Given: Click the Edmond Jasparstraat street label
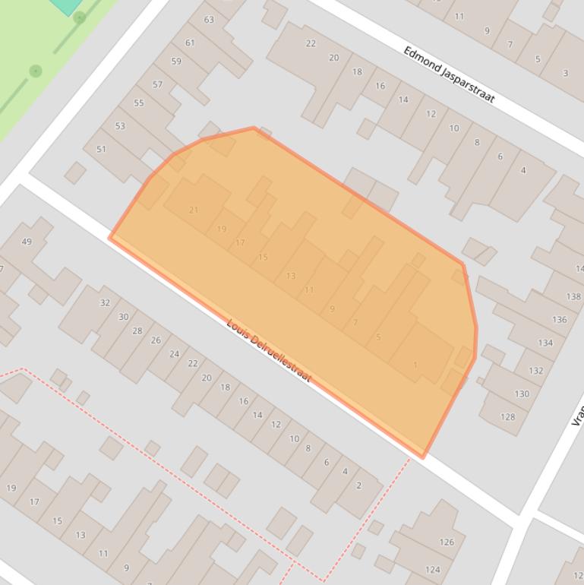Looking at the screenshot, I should pos(449,74).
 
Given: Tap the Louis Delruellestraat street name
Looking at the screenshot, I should pos(269,350).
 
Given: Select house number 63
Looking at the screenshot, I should pos(209,19).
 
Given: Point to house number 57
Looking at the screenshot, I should pos(157,84).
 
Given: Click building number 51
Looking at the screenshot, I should pos(101,149).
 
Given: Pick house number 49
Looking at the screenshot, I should pos(27,242).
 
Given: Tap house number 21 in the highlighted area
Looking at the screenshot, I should pos(193,210).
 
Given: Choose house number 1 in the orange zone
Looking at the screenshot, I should pos(415,365).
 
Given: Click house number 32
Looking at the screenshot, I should pos(105,302).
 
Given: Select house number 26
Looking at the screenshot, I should pos(156,340).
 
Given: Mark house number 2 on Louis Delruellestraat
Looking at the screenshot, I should pos(358,485).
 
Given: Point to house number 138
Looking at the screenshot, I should pos(573,296).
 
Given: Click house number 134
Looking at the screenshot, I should pos(545,343).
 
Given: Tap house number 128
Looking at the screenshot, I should pos(507,416).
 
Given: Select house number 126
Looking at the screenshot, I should pos(447,542).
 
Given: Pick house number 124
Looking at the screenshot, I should pos(432,569).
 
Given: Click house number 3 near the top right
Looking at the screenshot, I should pos(565,73).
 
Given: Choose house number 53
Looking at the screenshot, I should pos(120,125).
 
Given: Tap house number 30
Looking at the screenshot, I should pos(123,316).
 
